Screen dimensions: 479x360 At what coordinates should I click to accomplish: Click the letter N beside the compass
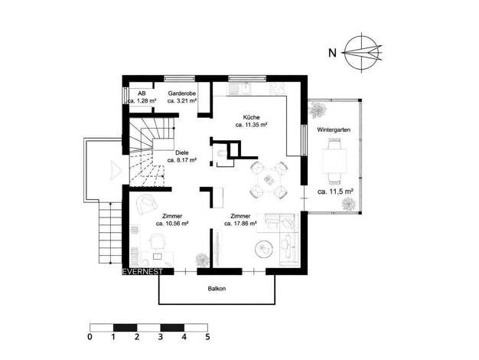(x=332, y=53)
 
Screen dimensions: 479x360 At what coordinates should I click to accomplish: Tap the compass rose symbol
(x=362, y=53)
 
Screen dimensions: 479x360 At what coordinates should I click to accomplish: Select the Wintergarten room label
(x=334, y=129)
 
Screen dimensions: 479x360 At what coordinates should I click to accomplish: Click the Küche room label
(x=252, y=117)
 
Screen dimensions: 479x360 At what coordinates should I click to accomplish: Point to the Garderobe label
(x=182, y=93)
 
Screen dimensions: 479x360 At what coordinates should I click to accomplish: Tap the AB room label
(x=142, y=93)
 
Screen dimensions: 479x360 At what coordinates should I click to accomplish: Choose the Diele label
(x=182, y=152)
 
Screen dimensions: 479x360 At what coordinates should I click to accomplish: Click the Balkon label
(x=217, y=289)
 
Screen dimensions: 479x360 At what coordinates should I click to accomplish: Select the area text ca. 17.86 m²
(x=240, y=224)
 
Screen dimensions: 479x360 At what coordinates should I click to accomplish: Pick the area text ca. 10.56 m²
(x=172, y=224)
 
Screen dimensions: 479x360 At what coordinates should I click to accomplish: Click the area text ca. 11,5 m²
(x=335, y=191)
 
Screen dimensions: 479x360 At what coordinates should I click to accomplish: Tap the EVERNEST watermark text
(x=142, y=272)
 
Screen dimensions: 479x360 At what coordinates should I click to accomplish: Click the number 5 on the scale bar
(x=207, y=337)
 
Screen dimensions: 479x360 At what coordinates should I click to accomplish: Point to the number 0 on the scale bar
(x=90, y=337)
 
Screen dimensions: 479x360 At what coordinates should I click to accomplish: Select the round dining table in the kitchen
(x=269, y=180)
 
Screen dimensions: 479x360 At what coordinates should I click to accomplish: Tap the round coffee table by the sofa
(x=264, y=249)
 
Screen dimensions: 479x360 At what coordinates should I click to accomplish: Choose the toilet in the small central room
(x=220, y=152)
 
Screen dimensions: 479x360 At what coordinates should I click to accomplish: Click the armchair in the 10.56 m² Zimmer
(x=147, y=205)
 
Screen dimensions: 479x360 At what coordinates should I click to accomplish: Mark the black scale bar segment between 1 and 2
(x=125, y=328)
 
